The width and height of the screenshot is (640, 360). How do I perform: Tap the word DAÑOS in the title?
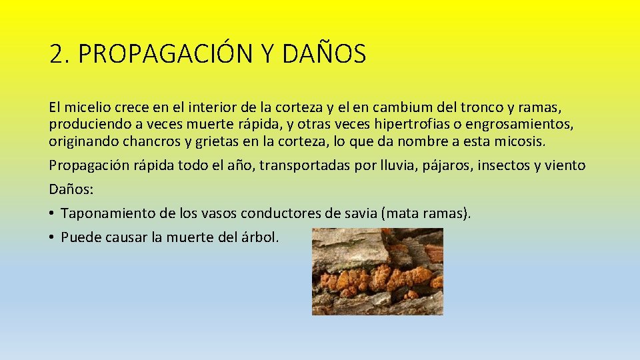click(324, 54)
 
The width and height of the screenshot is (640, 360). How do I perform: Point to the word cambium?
click(399, 107)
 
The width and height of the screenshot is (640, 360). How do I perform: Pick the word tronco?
click(473, 107)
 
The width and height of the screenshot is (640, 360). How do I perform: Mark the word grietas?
click(217, 141)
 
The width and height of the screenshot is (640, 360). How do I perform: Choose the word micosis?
click(524, 141)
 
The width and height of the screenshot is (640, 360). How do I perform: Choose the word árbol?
click(260, 237)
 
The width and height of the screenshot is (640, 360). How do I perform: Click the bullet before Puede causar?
click(51, 237)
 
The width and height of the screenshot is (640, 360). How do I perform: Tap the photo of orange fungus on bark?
click(377, 271)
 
